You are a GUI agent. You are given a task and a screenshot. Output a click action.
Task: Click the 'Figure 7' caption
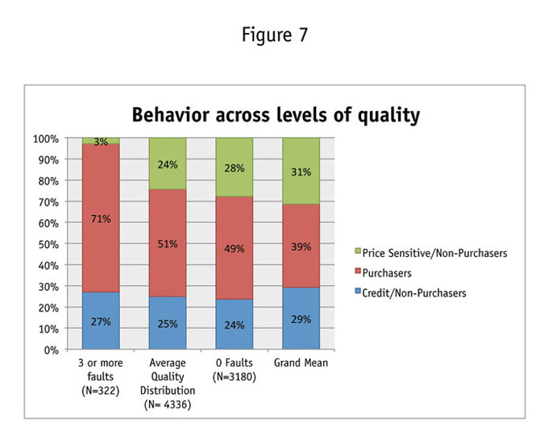click(272, 35)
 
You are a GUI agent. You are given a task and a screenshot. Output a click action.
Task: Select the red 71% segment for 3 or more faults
click(100, 218)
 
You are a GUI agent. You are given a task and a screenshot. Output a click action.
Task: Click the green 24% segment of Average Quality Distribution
click(167, 164)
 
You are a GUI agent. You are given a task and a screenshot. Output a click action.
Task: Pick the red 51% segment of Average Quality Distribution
click(167, 243)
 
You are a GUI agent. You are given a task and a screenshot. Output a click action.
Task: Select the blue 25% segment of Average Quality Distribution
click(167, 323)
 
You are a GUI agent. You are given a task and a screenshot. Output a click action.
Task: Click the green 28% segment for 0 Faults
click(234, 168)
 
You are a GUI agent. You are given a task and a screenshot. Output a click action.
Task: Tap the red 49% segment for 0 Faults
click(234, 248)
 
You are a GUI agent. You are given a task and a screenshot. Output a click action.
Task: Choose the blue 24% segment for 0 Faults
click(234, 325)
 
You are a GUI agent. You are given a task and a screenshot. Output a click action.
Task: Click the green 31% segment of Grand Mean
click(300, 171)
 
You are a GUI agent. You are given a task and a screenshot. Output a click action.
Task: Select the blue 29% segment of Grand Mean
click(300, 319)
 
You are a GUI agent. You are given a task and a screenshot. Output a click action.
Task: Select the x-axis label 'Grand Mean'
click(300, 363)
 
